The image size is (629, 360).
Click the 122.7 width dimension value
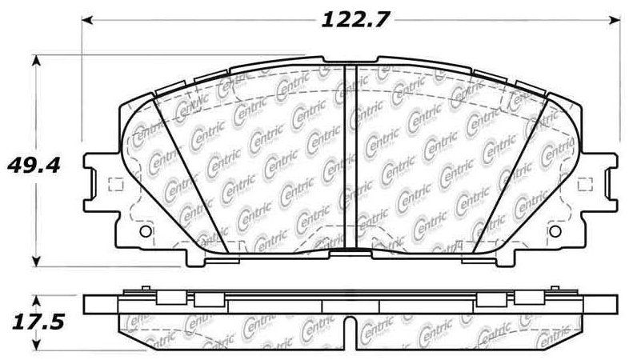[x=355, y=19]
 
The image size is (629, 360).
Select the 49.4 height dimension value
[x=34, y=165]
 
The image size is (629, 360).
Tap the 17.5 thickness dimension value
[x=38, y=322]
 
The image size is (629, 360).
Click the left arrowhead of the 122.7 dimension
[x=87, y=19]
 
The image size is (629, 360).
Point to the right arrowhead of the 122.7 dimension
[x=614, y=19]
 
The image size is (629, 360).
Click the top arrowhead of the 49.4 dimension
[x=37, y=61]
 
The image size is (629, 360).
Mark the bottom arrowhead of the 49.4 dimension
[x=37, y=261]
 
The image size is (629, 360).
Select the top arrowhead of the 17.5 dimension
[x=37, y=302]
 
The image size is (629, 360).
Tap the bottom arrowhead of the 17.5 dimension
[x=37, y=344]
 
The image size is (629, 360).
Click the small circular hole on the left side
[x=146, y=231]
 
